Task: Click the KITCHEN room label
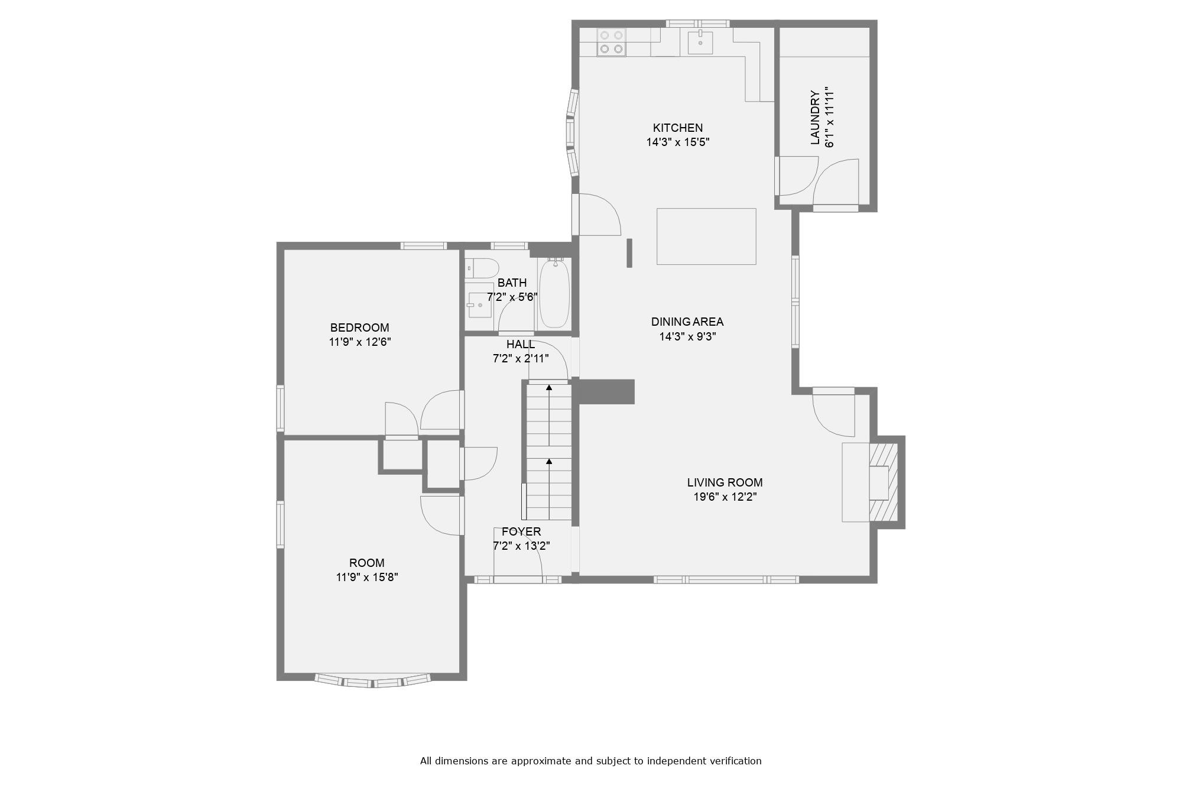click(x=677, y=128)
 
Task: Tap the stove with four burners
click(x=611, y=42)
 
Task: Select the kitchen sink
click(x=700, y=42)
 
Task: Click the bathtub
click(x=554, y=293)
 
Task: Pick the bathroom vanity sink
click(x=479, y=305)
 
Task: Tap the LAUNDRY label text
click(x=816, y=118)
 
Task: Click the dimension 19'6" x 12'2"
click(x=725, y=497)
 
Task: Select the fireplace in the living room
click(x=884, y=482)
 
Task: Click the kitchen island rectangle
click(x=706, y=236)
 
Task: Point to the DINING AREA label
click(x=687, y=322)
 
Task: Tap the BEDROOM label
click(x=359, y=327)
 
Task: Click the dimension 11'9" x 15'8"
click(x=367, y=578)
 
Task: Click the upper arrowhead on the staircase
click(x=549, y=388)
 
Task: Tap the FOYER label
click(x=521, y=532)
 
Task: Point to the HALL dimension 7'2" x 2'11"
click(x=521, y=359)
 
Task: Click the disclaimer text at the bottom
click(x=590, y=761)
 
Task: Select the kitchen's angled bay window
click(x=571, y=132)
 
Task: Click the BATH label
click(x=512, y=283)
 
